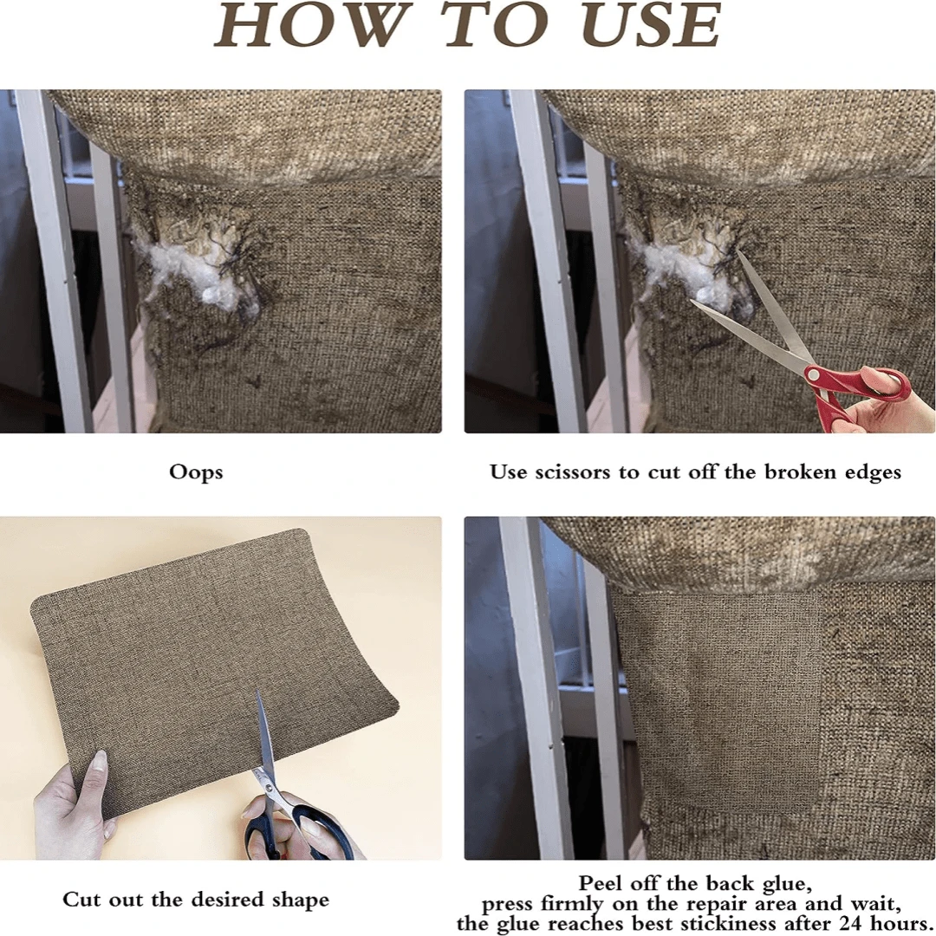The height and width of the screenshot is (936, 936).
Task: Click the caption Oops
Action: [196, 472]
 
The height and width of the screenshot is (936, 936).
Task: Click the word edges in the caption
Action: [873, 473]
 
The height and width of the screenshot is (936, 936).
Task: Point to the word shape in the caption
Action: [300, 900]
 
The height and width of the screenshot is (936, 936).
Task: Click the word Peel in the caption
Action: [601, 883]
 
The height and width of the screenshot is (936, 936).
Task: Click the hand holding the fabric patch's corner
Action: [75, 797]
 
